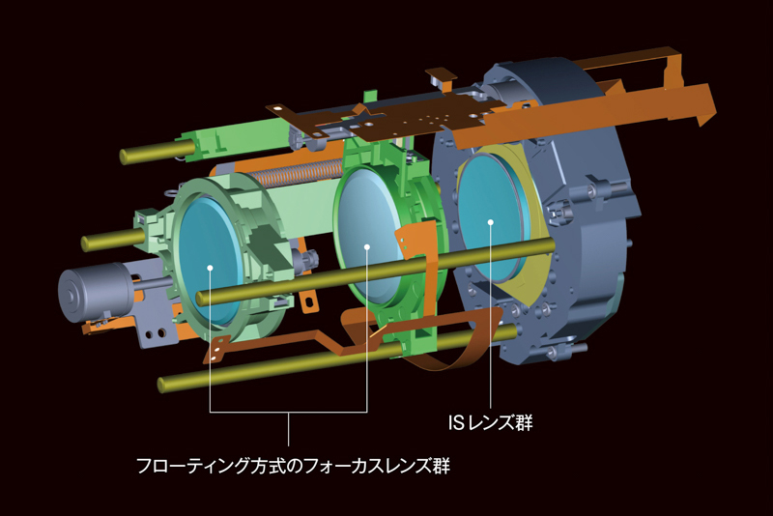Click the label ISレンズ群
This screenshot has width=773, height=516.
[x=491, y=423]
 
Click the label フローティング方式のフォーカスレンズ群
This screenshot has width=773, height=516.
[x=294, y=465]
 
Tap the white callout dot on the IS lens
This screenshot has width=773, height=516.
[x=491, y=222]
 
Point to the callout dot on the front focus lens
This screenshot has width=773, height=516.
[x=210, y=268]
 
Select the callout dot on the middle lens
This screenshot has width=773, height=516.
[x=367, y=246]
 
